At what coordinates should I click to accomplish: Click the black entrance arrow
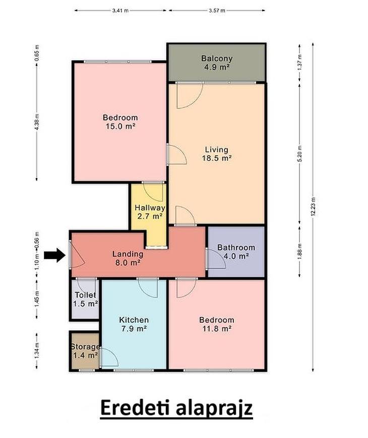click(54, 255)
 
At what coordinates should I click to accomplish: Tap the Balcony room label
click(217, 58)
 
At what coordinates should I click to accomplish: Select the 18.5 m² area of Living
click(217, 158)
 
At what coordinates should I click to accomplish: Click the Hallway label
click(150, 208)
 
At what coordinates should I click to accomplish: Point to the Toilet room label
click(86, 295)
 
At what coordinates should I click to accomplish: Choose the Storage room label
click(85, 347)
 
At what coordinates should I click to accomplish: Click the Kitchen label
click(134, 320)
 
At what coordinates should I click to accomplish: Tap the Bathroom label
click(236, 247)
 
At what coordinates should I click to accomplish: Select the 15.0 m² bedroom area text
click(120, 127)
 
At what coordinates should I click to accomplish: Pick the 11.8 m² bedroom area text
click(217, 329)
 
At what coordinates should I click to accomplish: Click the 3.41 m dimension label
click(120, 11)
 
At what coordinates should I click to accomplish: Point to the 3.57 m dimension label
click(217, 11)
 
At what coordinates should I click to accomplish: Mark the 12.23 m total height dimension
click(313, 207)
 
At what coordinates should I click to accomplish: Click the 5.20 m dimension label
click(300, 154)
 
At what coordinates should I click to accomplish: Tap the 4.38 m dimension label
click(37, 122)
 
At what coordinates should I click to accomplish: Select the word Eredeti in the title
click(135, 408)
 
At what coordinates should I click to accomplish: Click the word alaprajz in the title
click(214, 409)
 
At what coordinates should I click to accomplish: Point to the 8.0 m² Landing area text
click(128, 263)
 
